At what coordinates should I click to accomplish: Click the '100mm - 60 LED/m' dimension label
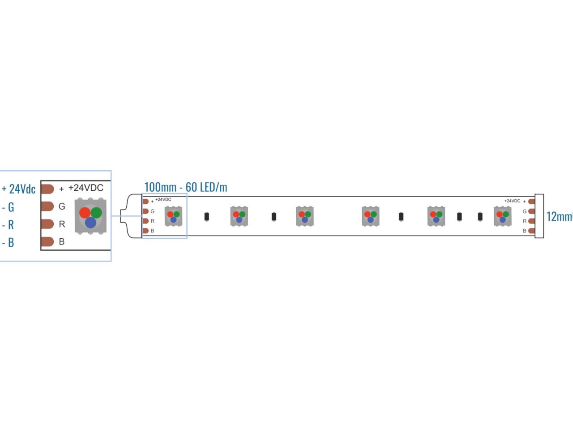pyautogui.click(x=185, y=187)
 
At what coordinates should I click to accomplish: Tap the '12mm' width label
pyautogui.click(x=559, y=217)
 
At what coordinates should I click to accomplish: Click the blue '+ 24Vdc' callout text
pyautogui.click(x=19, y=189)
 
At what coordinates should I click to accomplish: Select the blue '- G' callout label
pyautogui.click(x=9, y=207)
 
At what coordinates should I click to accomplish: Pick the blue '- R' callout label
pyautogui.click(x=9, y=225)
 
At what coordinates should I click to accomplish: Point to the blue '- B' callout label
pyautogui.click(x=9, y=243)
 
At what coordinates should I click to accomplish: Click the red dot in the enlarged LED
pyautogui.click(x=85, y=213)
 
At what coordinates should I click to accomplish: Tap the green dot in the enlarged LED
pyautogui.click(x=96, y=212)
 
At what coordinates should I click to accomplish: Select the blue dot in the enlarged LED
pyautogui.click(x=90, y=222)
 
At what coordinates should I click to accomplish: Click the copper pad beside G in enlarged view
pyautogui.click(x=47, y=206)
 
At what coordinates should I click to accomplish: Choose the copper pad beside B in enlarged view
pyautogui.click(x=47, y=242)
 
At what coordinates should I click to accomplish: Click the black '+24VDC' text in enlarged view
pyautogui.click(x=86, y=188)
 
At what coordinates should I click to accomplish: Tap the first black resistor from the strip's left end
pyautogui.click(x=206, y=217)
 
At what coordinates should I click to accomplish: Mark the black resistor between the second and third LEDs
pyautogui.click(x=274, y=217)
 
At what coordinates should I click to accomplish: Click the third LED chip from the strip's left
pyautogui.click(x=305, y=216)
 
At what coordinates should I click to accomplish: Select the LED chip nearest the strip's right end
pyautogui.click(x=503, y=216)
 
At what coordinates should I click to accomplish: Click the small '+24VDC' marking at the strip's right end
pyautogui.click(x=512, y=201)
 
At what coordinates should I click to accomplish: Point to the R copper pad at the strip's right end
pyautogui.click(x=531, y=221)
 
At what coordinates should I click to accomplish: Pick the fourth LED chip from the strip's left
pyautogui.click(x=371, y=216)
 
